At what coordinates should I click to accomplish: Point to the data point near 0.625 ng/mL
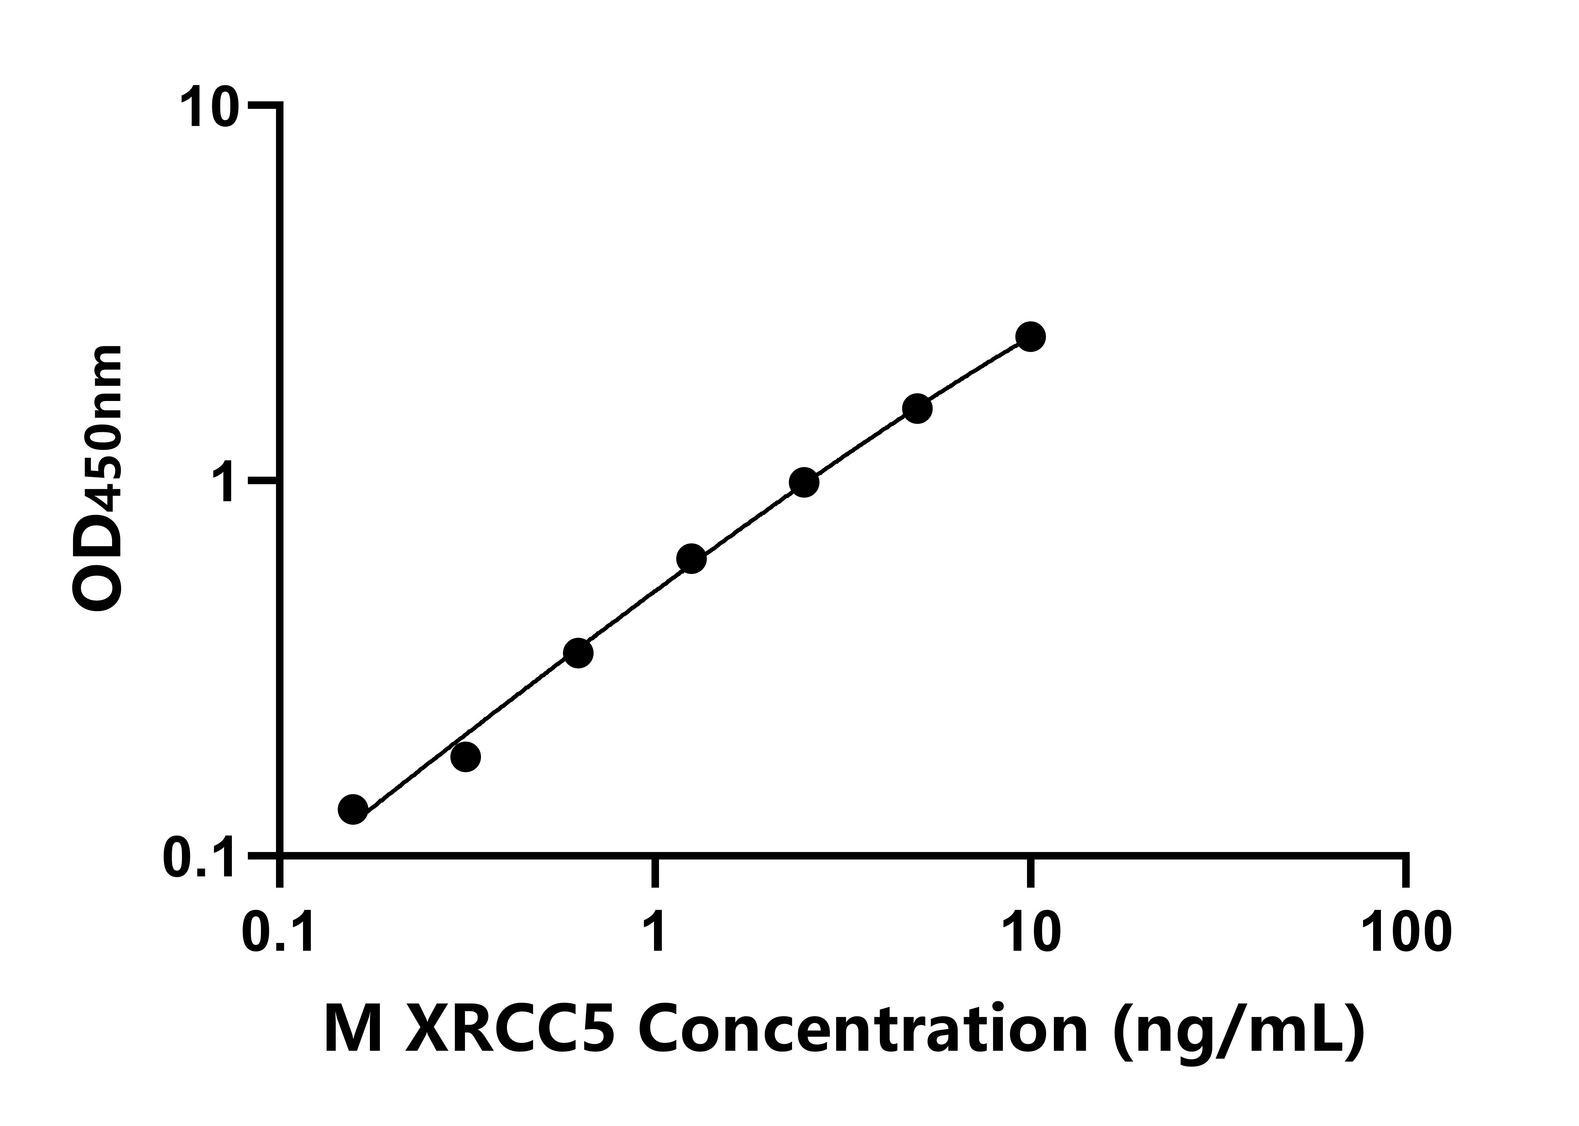coord(578,653)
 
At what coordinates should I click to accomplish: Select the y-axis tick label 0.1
coord(199,858)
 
